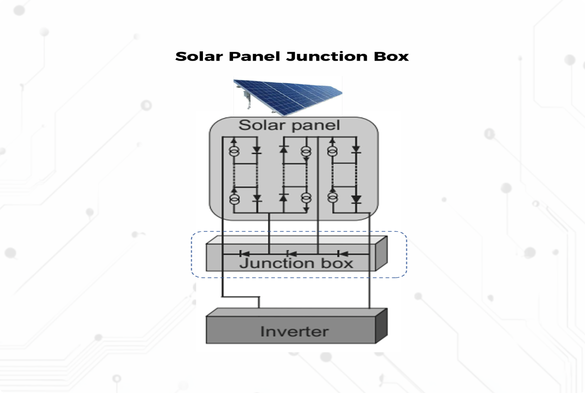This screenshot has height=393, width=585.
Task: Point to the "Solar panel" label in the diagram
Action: (x=289, y=125)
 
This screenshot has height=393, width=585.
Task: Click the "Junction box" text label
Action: (x=296, y=263)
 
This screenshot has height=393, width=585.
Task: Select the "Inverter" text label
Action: (x=294, y=332)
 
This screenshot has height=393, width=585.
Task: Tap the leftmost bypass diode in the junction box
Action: (x=244, y=254)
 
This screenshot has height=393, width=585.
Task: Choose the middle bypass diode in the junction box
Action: (x=292, y=254)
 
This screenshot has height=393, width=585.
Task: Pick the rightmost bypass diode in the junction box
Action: (x=343, y=254)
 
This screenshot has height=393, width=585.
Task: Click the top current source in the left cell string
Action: (x=234, y=151)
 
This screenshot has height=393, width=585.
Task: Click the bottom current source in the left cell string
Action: (x=234, y=199)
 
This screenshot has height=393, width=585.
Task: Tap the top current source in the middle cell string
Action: (x=305, y=151)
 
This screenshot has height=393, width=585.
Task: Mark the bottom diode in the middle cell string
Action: (x=284, y=198)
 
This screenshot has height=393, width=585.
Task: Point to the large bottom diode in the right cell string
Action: (x=356, y=199)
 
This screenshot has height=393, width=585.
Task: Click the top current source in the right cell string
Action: (x=332, y=151)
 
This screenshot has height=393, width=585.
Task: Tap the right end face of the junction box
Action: (x=381, y=254)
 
